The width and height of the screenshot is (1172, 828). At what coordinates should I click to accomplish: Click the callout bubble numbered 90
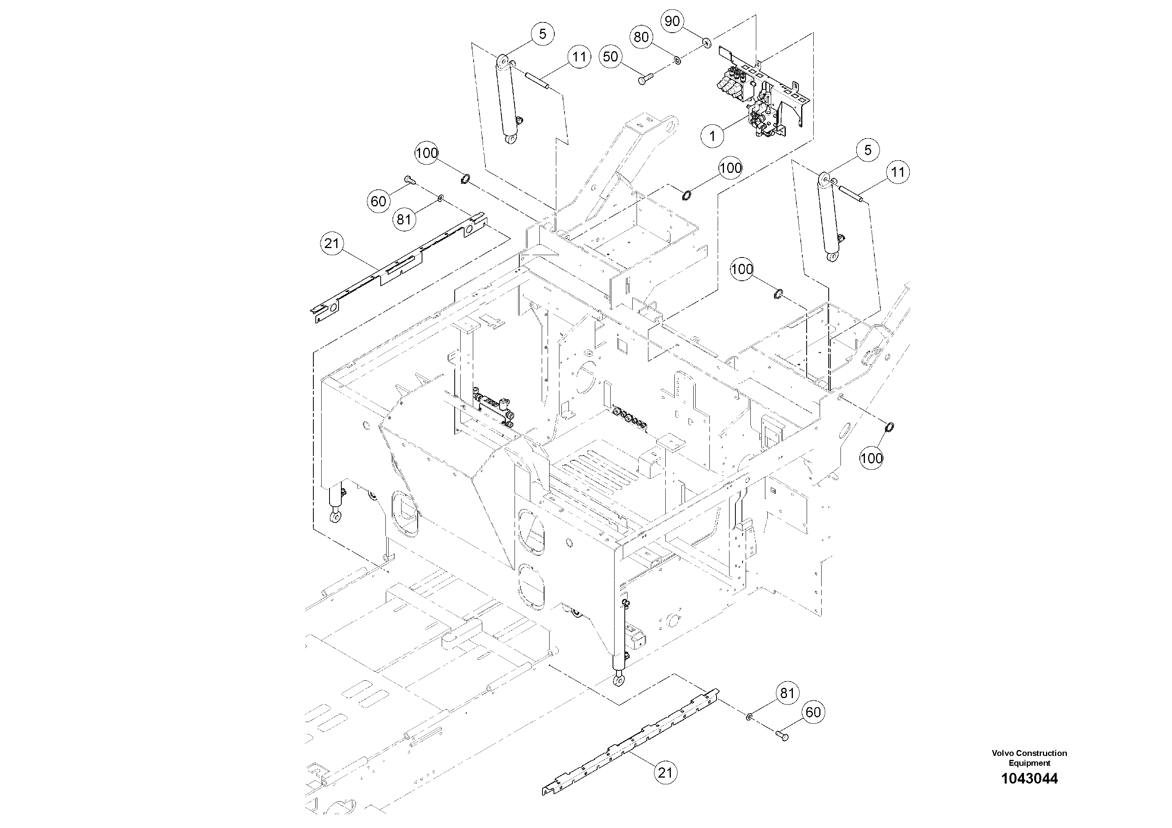click(672, 21)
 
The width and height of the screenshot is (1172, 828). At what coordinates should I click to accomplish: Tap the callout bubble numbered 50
click(611, 57)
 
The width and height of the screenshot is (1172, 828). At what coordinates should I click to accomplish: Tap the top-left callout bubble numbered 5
click(542, 34)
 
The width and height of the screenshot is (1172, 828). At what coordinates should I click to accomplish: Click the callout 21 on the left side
click(332, 243)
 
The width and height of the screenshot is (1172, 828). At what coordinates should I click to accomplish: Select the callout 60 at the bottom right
click(813, 712)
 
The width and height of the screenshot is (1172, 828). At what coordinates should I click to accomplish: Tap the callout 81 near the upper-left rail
click(404, 220)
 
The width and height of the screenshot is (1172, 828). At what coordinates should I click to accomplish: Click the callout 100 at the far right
click(871, 458)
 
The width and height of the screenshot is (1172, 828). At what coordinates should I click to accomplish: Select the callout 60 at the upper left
click(378, 202)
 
